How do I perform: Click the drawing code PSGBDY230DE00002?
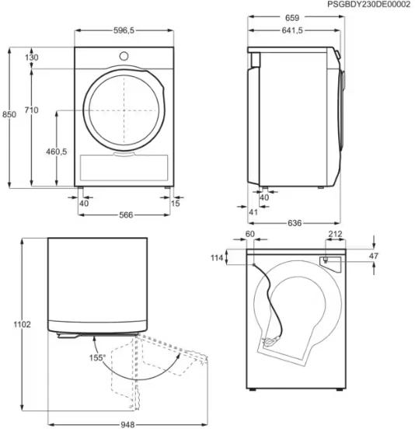click(369, 5)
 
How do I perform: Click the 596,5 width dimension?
click(124, 30)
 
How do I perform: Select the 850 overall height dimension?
click(9, 114)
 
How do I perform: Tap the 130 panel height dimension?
click(32, 58)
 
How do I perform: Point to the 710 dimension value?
click(31, 110)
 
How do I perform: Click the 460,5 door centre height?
click(57, 152)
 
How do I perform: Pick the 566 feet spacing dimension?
click(126, 214)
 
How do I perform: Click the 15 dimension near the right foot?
click(176, 204)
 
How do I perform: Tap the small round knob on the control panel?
click(124, 57)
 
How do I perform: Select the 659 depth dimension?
click(292, 18)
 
